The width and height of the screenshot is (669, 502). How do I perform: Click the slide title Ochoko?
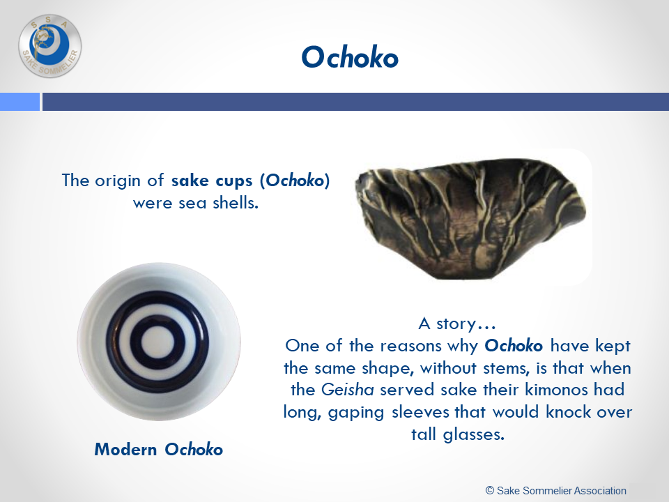pos(350,57)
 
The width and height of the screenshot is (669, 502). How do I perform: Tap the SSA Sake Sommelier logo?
pos(50,46)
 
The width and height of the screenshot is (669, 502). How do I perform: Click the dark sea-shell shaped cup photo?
pos(470,218)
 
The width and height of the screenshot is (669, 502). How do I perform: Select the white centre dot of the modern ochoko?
pos(157,343)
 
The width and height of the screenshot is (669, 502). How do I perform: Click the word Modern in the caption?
pos(125,450)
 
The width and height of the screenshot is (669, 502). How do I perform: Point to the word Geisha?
pos(347,390)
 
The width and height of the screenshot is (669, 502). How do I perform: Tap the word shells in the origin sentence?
pos(236,203)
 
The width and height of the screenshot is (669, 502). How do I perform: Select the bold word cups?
pos(233,181)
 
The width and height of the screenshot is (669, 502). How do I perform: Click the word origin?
pos(118,181)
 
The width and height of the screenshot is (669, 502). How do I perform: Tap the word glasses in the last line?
pos(474,434)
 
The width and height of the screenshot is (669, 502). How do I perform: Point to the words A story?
pos(457,324)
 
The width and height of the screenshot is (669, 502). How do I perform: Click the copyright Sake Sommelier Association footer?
pos(556,491)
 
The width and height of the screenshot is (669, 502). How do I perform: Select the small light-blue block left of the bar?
pos(20,102)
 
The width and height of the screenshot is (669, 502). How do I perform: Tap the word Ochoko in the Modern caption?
pos(194,450)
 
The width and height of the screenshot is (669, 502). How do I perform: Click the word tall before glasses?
pos(424,434)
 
